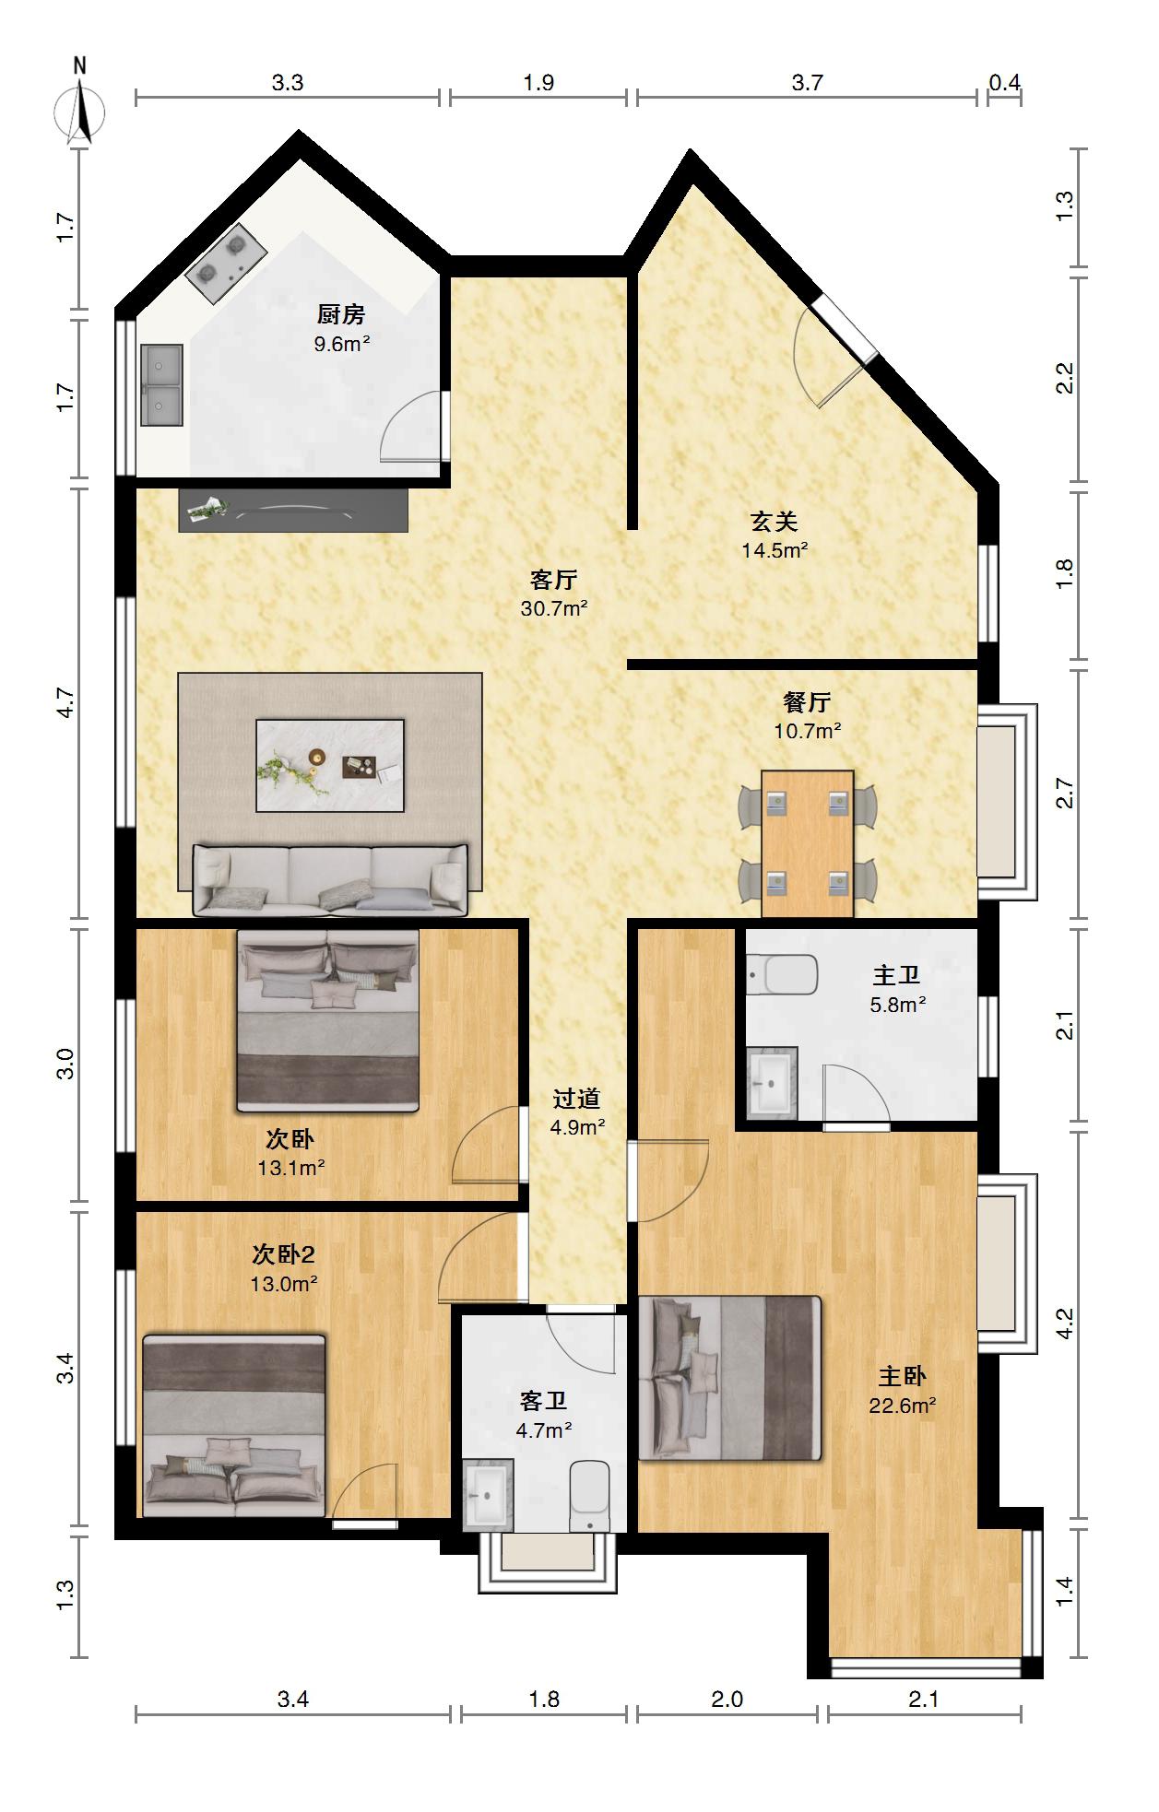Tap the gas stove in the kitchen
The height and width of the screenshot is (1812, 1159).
click(226, 263)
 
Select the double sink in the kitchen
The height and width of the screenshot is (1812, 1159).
click(161, 385)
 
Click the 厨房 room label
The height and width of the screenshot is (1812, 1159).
click(341, 314)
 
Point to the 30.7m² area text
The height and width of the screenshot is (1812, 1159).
click(554, 608)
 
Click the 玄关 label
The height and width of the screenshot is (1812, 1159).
click(774, 522)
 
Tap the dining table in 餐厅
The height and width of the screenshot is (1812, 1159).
click(808, 843)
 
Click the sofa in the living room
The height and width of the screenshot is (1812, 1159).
click(330, 880)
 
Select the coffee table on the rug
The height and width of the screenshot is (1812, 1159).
click(330, 765)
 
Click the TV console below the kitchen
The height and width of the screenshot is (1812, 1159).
click(293, 510)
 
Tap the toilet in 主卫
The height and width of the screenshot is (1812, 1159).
click(783, 975)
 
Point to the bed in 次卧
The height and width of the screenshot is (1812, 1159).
click(328, 1019)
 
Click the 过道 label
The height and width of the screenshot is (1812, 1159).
click(577, 1098)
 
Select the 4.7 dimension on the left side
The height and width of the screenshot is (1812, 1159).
click(65, 702)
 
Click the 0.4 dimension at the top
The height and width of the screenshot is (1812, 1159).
click(1005, 83)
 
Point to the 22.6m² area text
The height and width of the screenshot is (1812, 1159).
click(903, 1406)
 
